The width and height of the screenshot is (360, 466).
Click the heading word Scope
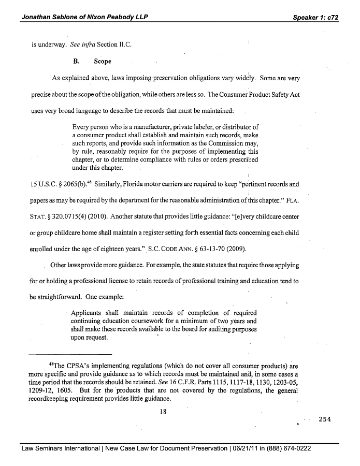pyautogui.click(x=103, y=61)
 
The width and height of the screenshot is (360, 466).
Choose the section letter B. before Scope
pyautogui.click(x=77, y=61)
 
